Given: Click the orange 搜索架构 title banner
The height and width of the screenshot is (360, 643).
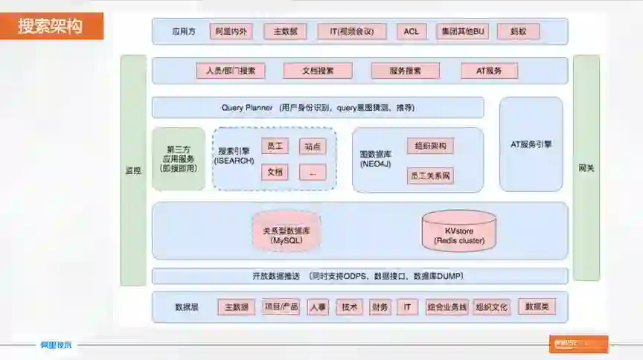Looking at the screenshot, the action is (x=51, y=27).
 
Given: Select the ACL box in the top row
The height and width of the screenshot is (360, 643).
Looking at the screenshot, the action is (x=412, y=31).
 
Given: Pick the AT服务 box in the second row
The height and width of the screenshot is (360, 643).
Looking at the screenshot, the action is (x=488, y=71).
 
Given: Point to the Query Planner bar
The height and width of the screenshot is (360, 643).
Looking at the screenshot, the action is (x=318, y=107).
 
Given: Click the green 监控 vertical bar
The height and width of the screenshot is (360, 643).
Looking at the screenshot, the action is (x=133, y=170).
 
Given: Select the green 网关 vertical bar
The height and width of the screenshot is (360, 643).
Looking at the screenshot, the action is (x=586, y=167).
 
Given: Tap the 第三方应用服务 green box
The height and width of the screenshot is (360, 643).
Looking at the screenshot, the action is (x=179, y=158).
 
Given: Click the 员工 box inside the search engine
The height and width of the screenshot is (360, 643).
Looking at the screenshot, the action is (x=275, y=147).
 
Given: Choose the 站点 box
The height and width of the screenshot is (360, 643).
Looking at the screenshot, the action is (x=313, y=147).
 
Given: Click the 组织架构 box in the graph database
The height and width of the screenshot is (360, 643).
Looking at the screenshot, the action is (x=429, y=146).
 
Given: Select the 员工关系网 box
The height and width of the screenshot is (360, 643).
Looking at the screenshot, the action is (x=431, y=176).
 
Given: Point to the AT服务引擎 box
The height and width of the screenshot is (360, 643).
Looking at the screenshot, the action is (x=531, y=144).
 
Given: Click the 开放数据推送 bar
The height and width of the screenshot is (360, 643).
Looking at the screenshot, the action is (x=359, y=276).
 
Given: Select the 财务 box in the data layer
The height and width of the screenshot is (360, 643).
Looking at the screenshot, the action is (x=380, y=306).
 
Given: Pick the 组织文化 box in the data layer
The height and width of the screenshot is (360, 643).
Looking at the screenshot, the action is (x=492, y=306).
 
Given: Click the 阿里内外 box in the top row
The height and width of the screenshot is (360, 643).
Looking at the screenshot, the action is (x=231, y=31).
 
